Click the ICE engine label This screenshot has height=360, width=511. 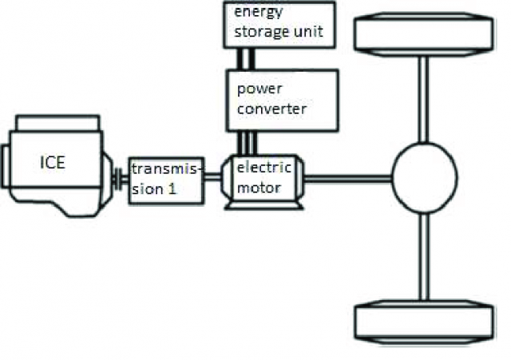click(53, 164)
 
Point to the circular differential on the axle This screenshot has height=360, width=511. click(424, 176)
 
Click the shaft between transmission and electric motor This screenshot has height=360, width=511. click(212, 179)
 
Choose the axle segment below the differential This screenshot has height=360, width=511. click(424, 255)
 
